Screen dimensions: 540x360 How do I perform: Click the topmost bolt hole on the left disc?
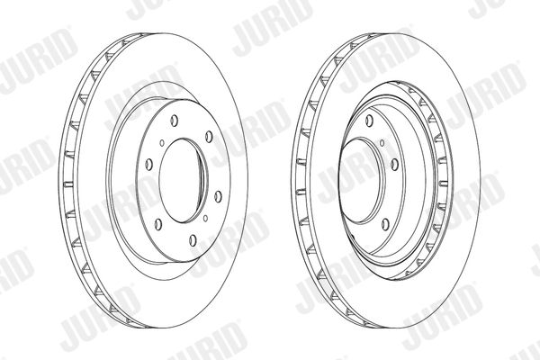coord(175,121)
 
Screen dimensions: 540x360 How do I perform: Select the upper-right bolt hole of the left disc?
coord(209,137)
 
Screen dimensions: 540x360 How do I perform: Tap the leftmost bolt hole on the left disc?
coord(149,165)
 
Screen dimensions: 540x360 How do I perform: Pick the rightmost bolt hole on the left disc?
coord(218,197)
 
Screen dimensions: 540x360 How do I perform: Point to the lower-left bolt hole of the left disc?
coord(158,225)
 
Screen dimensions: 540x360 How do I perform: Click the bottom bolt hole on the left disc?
coord(193,240)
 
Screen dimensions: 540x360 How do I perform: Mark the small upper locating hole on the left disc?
coord(162,142)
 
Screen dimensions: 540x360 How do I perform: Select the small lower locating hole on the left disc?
coord(205,218)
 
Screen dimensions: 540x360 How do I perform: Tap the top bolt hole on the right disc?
coord(369,121)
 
